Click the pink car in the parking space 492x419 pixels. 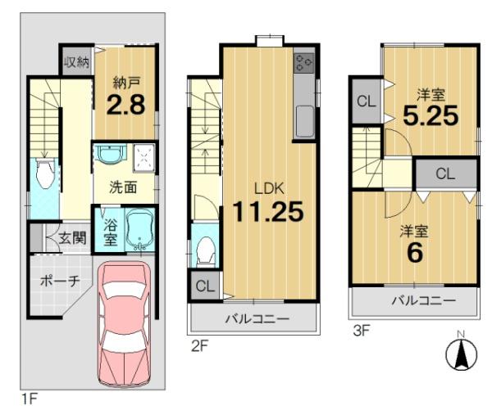(x=125, y=323)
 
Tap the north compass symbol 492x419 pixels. (x=461, y=352)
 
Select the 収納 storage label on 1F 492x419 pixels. (x=77, y=62)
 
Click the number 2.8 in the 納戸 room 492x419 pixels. (x=125, y=105)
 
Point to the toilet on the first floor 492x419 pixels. (x=46, y=173)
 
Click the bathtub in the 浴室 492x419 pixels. (x=140, y=229)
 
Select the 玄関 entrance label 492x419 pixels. (x=72, y=239)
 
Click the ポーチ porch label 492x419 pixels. (x=60, y=282)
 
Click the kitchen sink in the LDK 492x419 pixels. (x=305, y=121)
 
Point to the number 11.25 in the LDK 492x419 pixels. (x=268, y=211)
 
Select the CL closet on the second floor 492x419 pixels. (x=205, y=286)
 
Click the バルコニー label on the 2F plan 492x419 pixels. (x=257, y=319)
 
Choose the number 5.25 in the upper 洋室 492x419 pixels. (x=430, y=115)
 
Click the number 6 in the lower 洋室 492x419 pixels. (x=415, y=253)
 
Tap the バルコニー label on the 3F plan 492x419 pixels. (x=424, y=300)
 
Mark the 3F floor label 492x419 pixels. (x=361, y=331)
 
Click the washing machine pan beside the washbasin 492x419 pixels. (x=144, y=158)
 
